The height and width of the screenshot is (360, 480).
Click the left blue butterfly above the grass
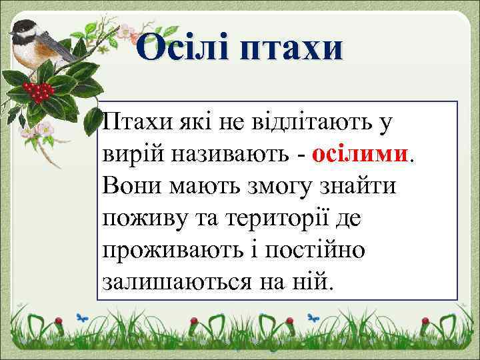coord(82,318)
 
